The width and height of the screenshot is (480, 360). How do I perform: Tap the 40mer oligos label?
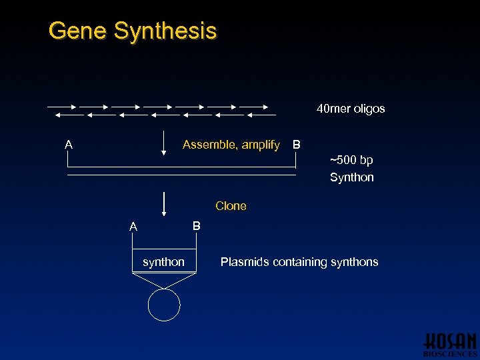coord(351,109)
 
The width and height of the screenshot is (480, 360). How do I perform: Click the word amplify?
coord(260,145)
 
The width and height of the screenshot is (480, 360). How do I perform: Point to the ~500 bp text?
coord(351,160)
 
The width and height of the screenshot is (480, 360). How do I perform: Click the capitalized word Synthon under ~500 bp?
coord(351,177)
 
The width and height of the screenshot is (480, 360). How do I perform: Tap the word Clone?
coord(231,206)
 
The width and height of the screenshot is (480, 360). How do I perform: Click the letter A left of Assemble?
coord(69,144)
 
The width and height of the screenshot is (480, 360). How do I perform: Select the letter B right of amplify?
coord(297,145)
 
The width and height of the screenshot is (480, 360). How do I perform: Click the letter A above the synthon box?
coord(133,227)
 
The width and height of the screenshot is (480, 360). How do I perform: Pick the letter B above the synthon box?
coord(196,226)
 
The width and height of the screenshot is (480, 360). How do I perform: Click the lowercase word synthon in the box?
coord(163,262)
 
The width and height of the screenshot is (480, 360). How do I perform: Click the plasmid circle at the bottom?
coord(164,305)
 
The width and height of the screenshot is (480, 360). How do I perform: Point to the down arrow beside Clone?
coord(164,205)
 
